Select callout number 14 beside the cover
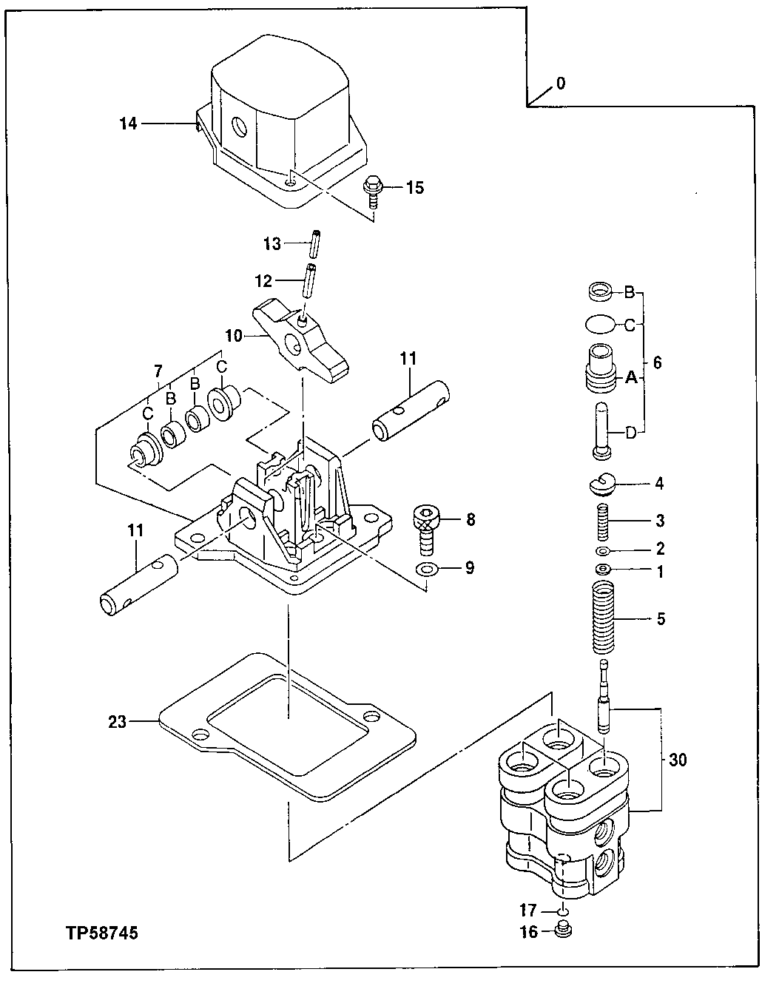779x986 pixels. tap(128, 124)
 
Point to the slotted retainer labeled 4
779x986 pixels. tap(601, 484)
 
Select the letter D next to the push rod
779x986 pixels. tap(630, 433)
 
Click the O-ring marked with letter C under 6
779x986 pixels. tap(598, 323)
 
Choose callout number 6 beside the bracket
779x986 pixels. tap(657, 362)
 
